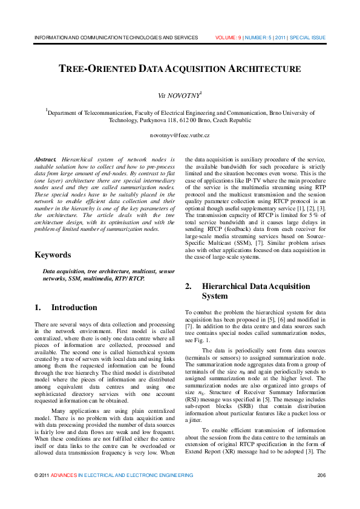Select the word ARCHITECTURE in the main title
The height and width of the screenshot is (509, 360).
click(x=264, y=69)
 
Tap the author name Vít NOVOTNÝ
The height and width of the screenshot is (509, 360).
click(x=180, y=96)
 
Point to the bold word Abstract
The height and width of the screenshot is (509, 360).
click(x=46, y=158)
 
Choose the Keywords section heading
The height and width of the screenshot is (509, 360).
click(x=53, y=254)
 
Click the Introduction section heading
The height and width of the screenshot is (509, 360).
click(x=74, y=308)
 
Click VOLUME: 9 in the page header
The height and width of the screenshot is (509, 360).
click(x=228, y=37)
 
